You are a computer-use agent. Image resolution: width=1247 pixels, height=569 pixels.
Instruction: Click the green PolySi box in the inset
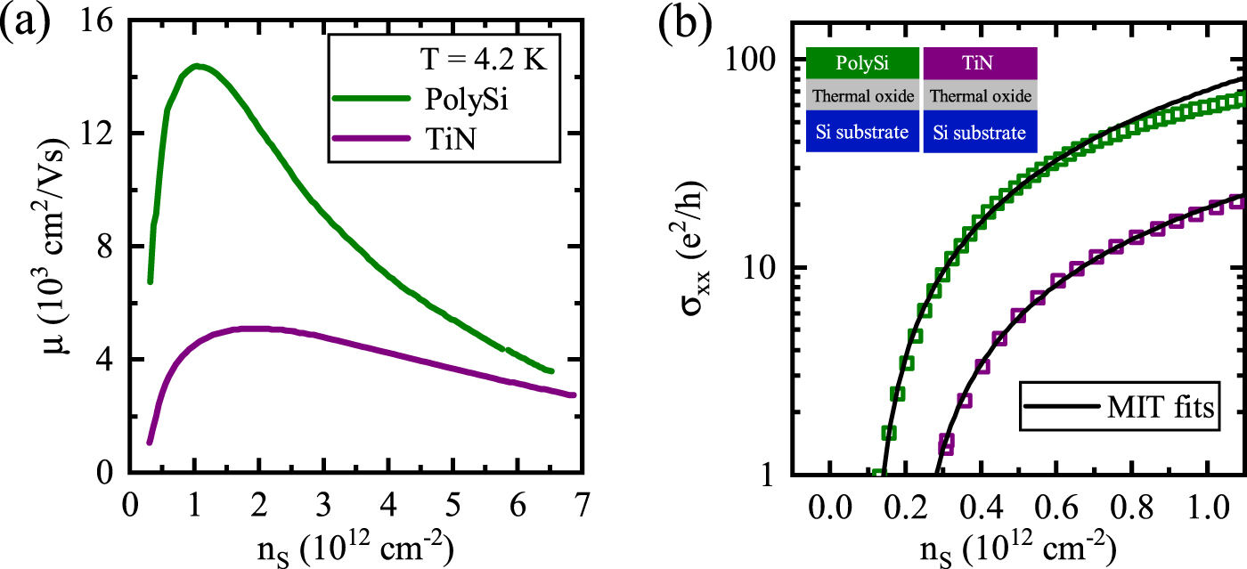coord(862,64)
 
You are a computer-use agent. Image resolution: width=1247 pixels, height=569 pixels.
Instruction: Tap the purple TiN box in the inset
coord(980,64)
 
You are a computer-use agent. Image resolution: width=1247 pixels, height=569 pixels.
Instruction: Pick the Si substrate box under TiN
coord(980,133)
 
